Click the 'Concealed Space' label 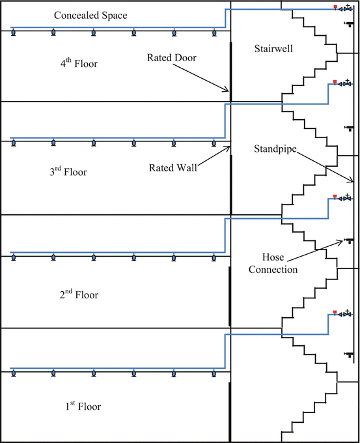click(x=91, y=14)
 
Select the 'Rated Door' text click(x=171, y=57)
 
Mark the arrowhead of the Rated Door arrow click(x=228, y=91)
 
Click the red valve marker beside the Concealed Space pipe click(x=335, y=7)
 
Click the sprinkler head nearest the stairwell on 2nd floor click(x=214, y=257)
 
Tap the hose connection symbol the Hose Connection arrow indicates click(x=350, y=240)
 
